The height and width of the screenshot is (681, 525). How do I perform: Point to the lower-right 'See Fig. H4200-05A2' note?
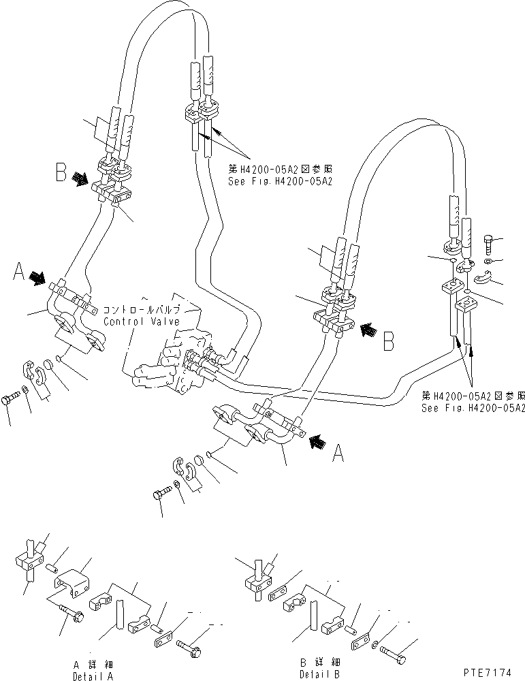473,408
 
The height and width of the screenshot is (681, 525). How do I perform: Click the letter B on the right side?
388,340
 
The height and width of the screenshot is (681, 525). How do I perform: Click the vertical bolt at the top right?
490,242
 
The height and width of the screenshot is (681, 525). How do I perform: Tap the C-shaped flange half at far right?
487,278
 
